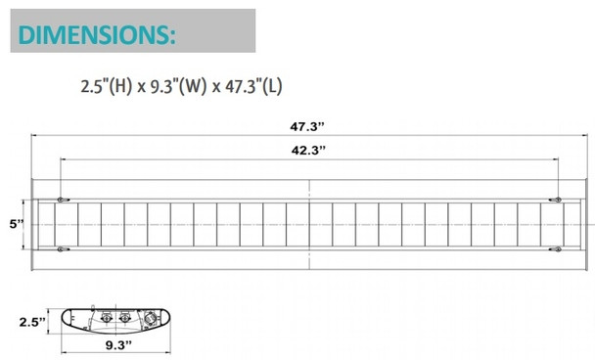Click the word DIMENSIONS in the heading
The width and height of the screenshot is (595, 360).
(x=95, y=35)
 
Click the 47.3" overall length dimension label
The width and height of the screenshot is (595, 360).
(x=309, y=125)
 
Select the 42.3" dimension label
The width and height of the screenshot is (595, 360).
(x=309, y=150)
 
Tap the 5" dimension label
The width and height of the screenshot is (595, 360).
(x=15, y=224)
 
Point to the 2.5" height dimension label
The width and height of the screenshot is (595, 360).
(x=32, y=321)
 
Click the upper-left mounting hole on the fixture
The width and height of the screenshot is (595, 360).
(x=62, y=200)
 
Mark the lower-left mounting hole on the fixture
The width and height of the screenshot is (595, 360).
(x=62, y=248)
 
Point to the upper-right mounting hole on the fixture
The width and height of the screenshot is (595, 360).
(x=557, y=200)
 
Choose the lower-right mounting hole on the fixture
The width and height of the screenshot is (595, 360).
(x=557, y=248)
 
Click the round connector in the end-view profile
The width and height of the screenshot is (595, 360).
(x=149, y=320)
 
